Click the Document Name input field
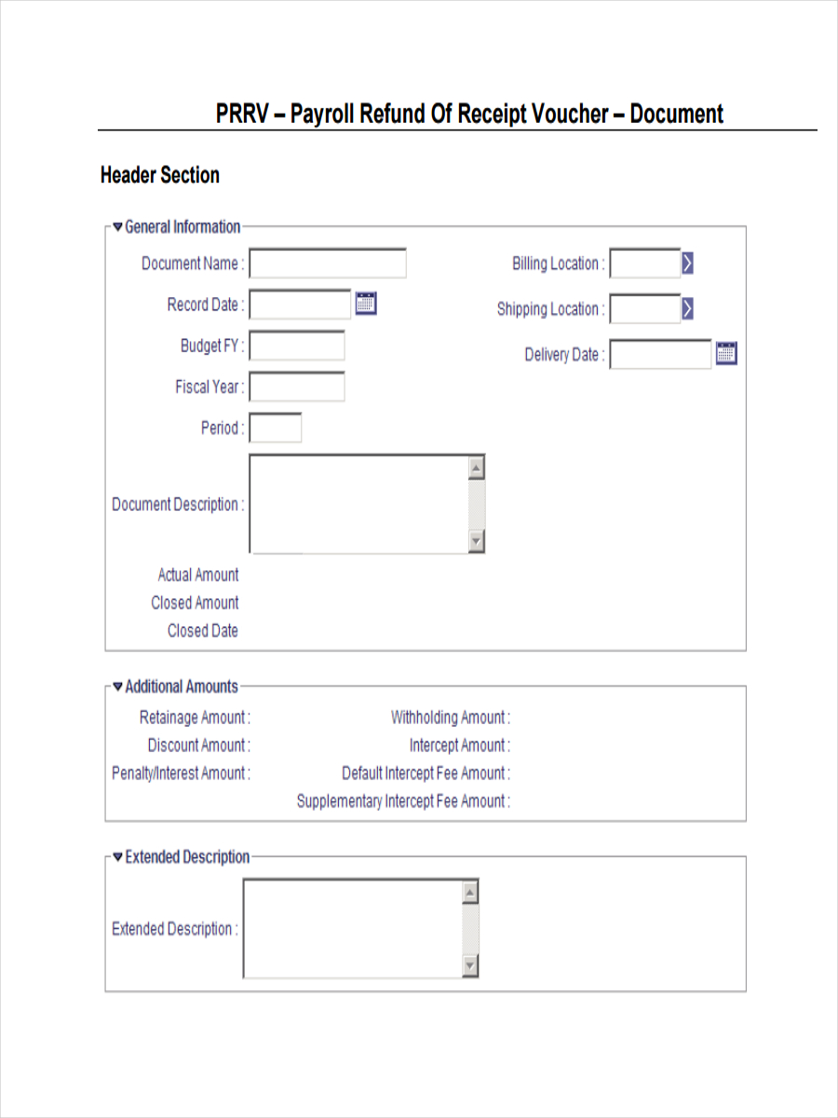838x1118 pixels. [327, 264]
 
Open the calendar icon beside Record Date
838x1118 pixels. [366, 303]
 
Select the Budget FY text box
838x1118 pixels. [297, 346]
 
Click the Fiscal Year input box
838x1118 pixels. [297, 387]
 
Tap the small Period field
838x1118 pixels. [276, 429]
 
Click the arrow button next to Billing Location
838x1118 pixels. [687, 264]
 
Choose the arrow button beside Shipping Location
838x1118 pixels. [687, 308]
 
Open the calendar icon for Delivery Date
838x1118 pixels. [726, 353]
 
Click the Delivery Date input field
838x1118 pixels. [660, 354]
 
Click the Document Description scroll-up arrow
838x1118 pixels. [476, 468]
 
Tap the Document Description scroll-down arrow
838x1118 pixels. [476, 540]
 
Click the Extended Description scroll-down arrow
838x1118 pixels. [470, 965]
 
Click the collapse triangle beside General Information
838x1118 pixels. [117, 226]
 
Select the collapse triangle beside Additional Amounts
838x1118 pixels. [117, 687]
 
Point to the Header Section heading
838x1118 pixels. [160, 175]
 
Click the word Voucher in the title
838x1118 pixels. [569, 114]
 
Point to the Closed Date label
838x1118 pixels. [202, 631]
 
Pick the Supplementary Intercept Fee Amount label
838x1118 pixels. [402, 801]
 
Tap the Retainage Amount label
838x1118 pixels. [194, 717]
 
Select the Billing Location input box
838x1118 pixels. [644, 264]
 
